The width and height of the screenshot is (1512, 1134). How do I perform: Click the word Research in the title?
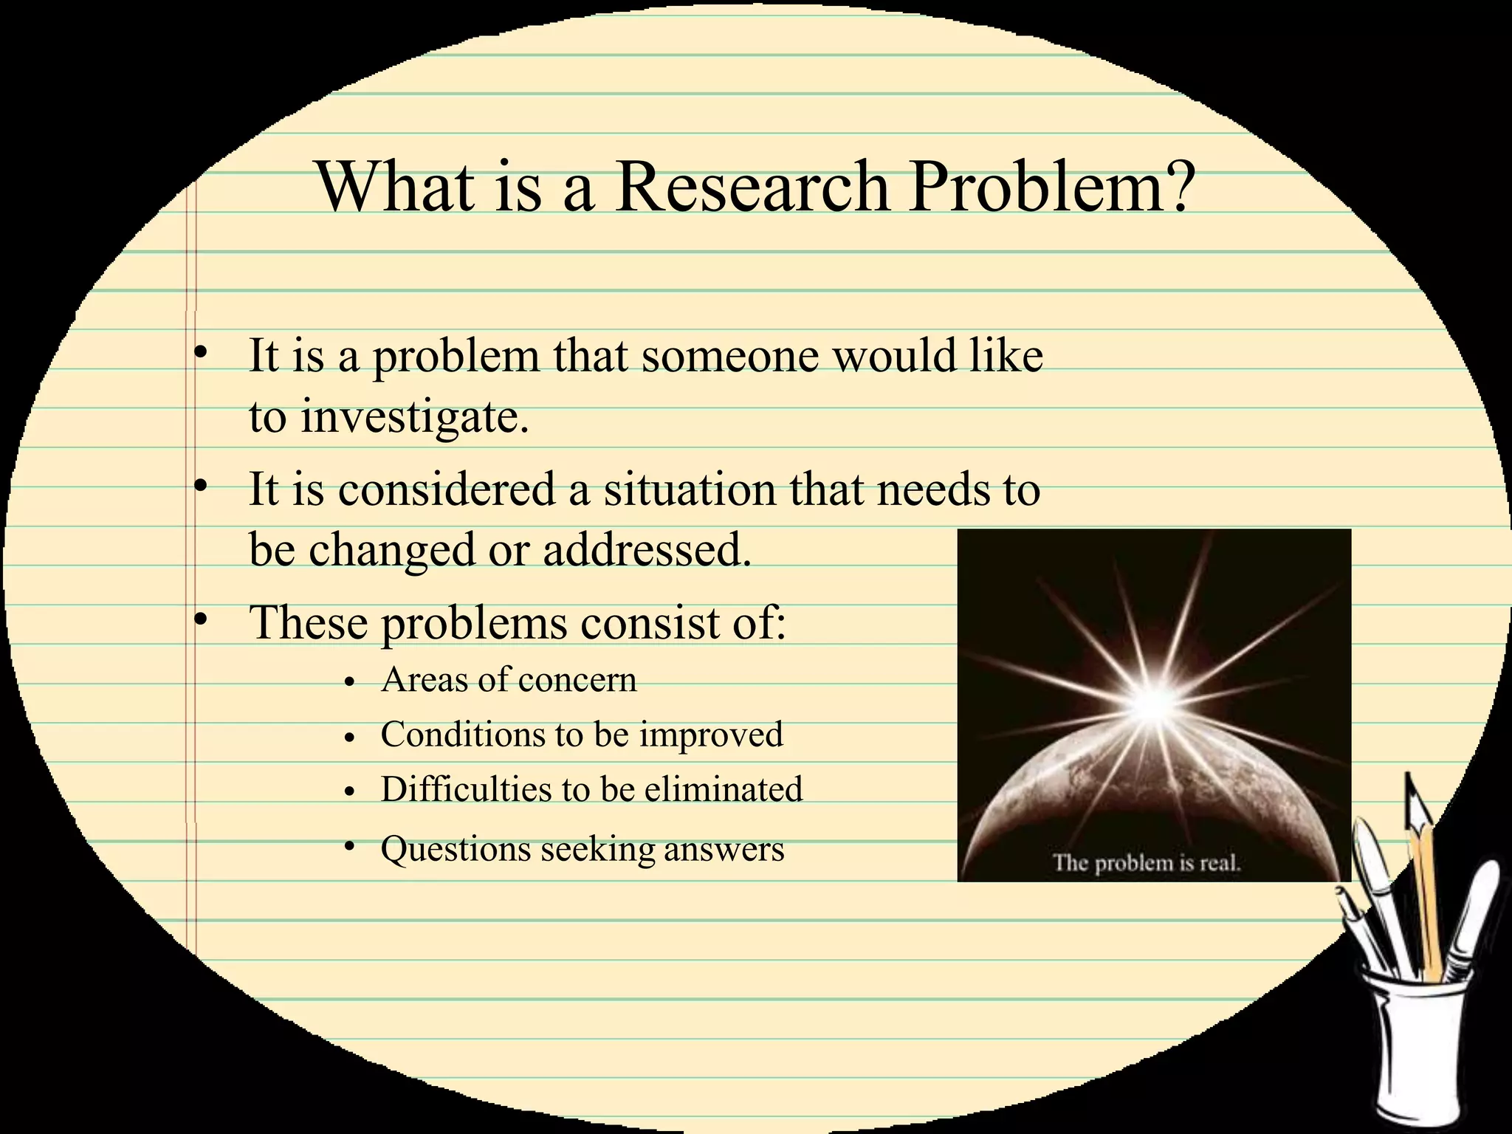tap(752, 188)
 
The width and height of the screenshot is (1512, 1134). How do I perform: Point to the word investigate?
tap(414, 419)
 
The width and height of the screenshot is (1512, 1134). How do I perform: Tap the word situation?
tap(690, 489)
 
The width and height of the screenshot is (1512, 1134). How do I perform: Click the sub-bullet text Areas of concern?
tap(508, 680)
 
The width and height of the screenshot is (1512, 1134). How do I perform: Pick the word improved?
tap(711, 735)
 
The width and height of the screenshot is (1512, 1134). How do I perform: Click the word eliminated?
tap(724, 789)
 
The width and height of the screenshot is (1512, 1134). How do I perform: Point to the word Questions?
tap(456, 849)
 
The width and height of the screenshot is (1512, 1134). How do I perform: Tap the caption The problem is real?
tap(1147, 862)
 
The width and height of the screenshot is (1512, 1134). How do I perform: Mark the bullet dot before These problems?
tap(198, 621)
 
